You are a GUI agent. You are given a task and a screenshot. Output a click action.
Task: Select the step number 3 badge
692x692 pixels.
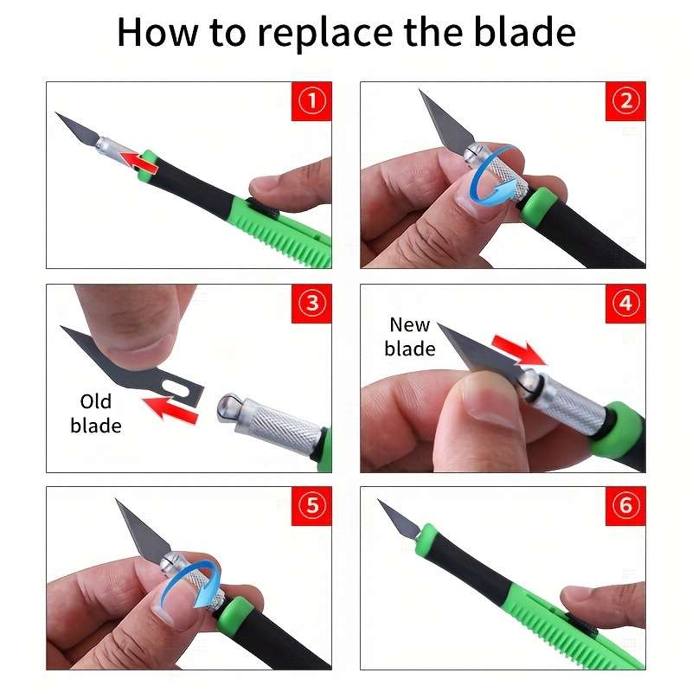pyautogui.click(x=311, y=304)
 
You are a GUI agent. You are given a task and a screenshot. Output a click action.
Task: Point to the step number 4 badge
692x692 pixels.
pyautogui.click(x=625, y=304)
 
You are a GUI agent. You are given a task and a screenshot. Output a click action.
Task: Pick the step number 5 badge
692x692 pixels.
pyautogui.click(x=311, y=506)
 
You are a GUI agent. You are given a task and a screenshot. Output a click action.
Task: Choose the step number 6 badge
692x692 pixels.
pyautogui.click(x=625, y=506)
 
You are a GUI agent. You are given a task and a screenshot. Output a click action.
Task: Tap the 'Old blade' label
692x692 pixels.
pyautogui.click(x=96, y=413)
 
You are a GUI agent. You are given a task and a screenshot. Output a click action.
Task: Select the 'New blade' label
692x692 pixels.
pyautogui.click(x=410, y=336)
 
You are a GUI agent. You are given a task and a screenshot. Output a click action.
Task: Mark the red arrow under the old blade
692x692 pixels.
pyautogui.click(x=170, y=408)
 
